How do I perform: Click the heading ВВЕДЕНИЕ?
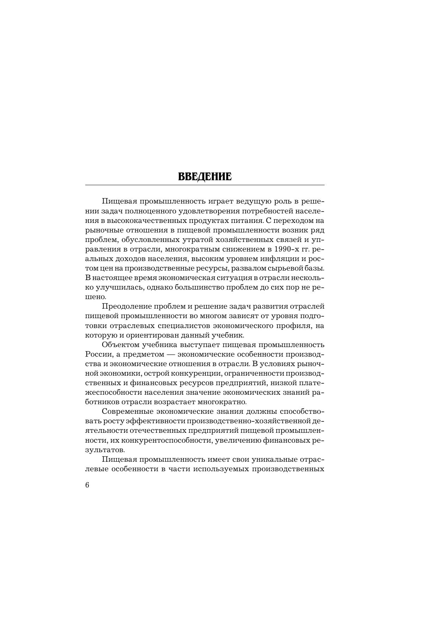click(205, 176)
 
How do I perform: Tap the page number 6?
click(87, 485)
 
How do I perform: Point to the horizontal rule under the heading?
click(205, 185)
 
